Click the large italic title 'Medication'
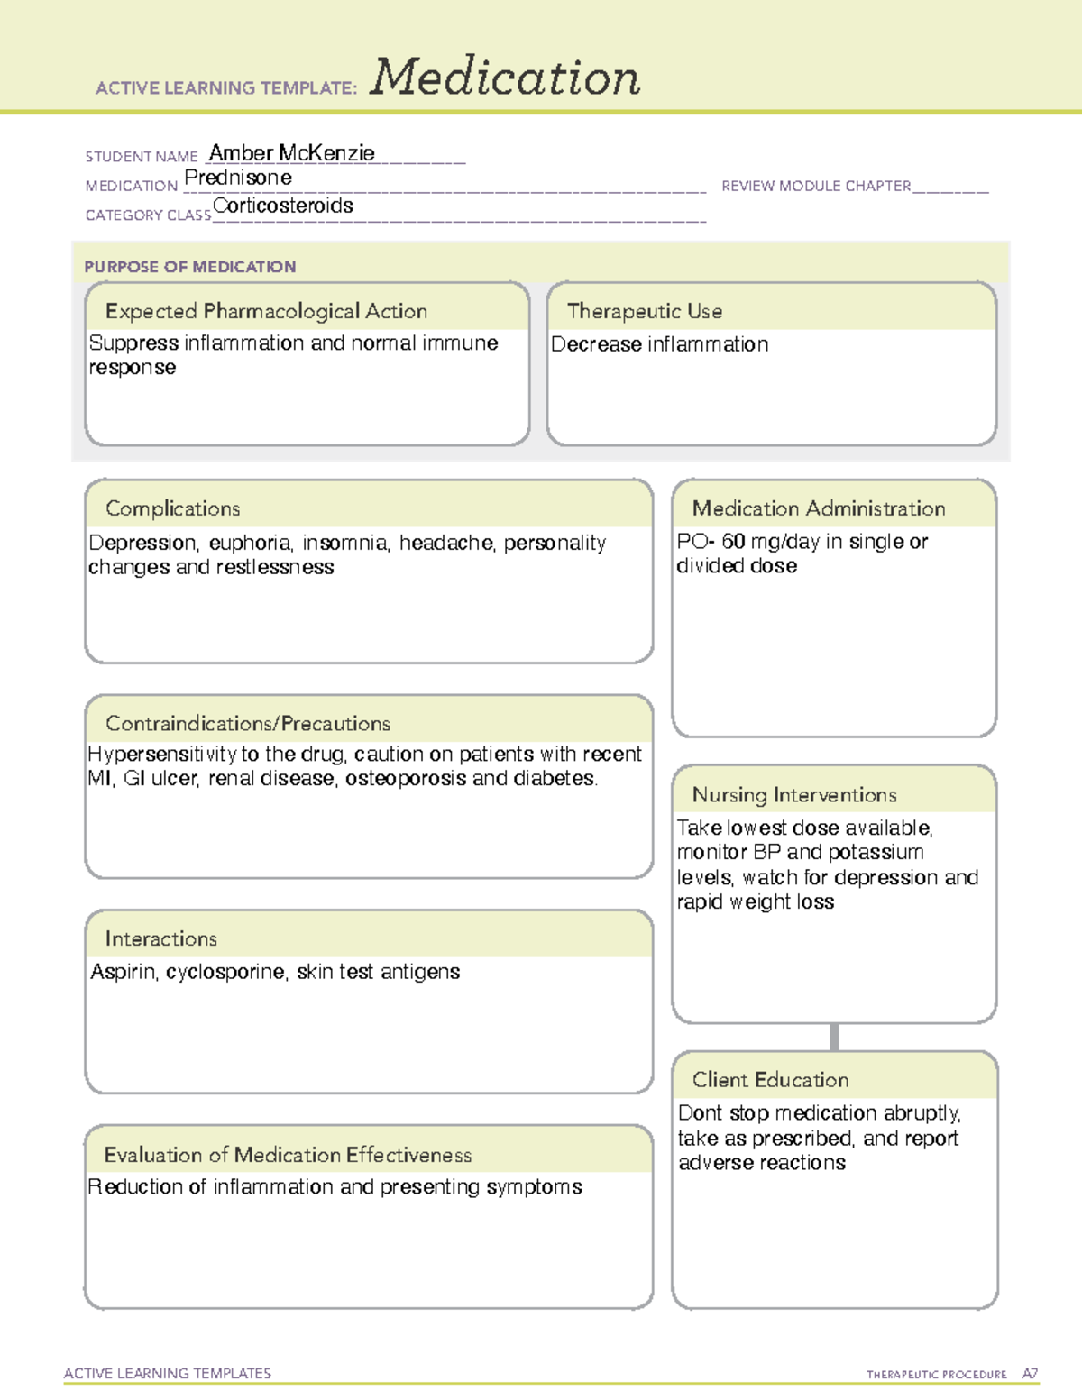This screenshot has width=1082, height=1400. click(505, 78)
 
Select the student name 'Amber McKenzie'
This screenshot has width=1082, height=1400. click(291, 153)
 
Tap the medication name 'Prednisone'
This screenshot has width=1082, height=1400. click(238, 178)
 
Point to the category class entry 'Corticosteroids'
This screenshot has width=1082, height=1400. click(283, 206)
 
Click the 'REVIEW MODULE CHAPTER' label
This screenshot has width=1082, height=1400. click(816, 186)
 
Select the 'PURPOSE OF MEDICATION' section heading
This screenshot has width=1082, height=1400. click(190, 267)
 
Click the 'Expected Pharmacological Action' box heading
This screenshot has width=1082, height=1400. click(266, 311)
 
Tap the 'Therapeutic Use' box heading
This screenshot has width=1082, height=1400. click(645, 311)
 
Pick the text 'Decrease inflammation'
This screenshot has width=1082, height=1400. click(659, 344)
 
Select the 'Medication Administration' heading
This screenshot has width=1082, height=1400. click(819, 508)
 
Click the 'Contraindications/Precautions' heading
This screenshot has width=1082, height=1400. click(248, 723)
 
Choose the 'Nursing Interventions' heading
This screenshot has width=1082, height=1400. click(794, 794)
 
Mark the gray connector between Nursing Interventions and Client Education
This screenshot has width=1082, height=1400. click(834, 1037)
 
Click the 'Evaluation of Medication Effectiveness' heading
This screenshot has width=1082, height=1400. click(288, 1155)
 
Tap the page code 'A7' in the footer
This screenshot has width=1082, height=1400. click(1030, 1374)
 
